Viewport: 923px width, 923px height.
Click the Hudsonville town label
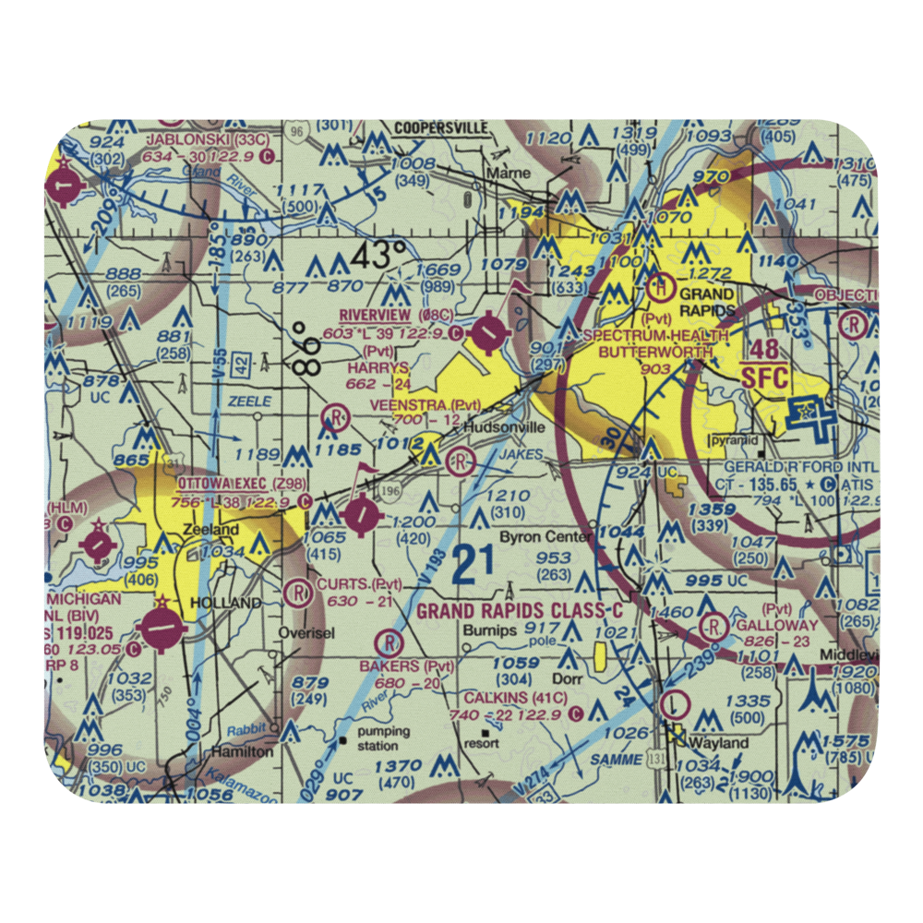[498, 427]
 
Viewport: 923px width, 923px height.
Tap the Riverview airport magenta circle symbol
[486, 330]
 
